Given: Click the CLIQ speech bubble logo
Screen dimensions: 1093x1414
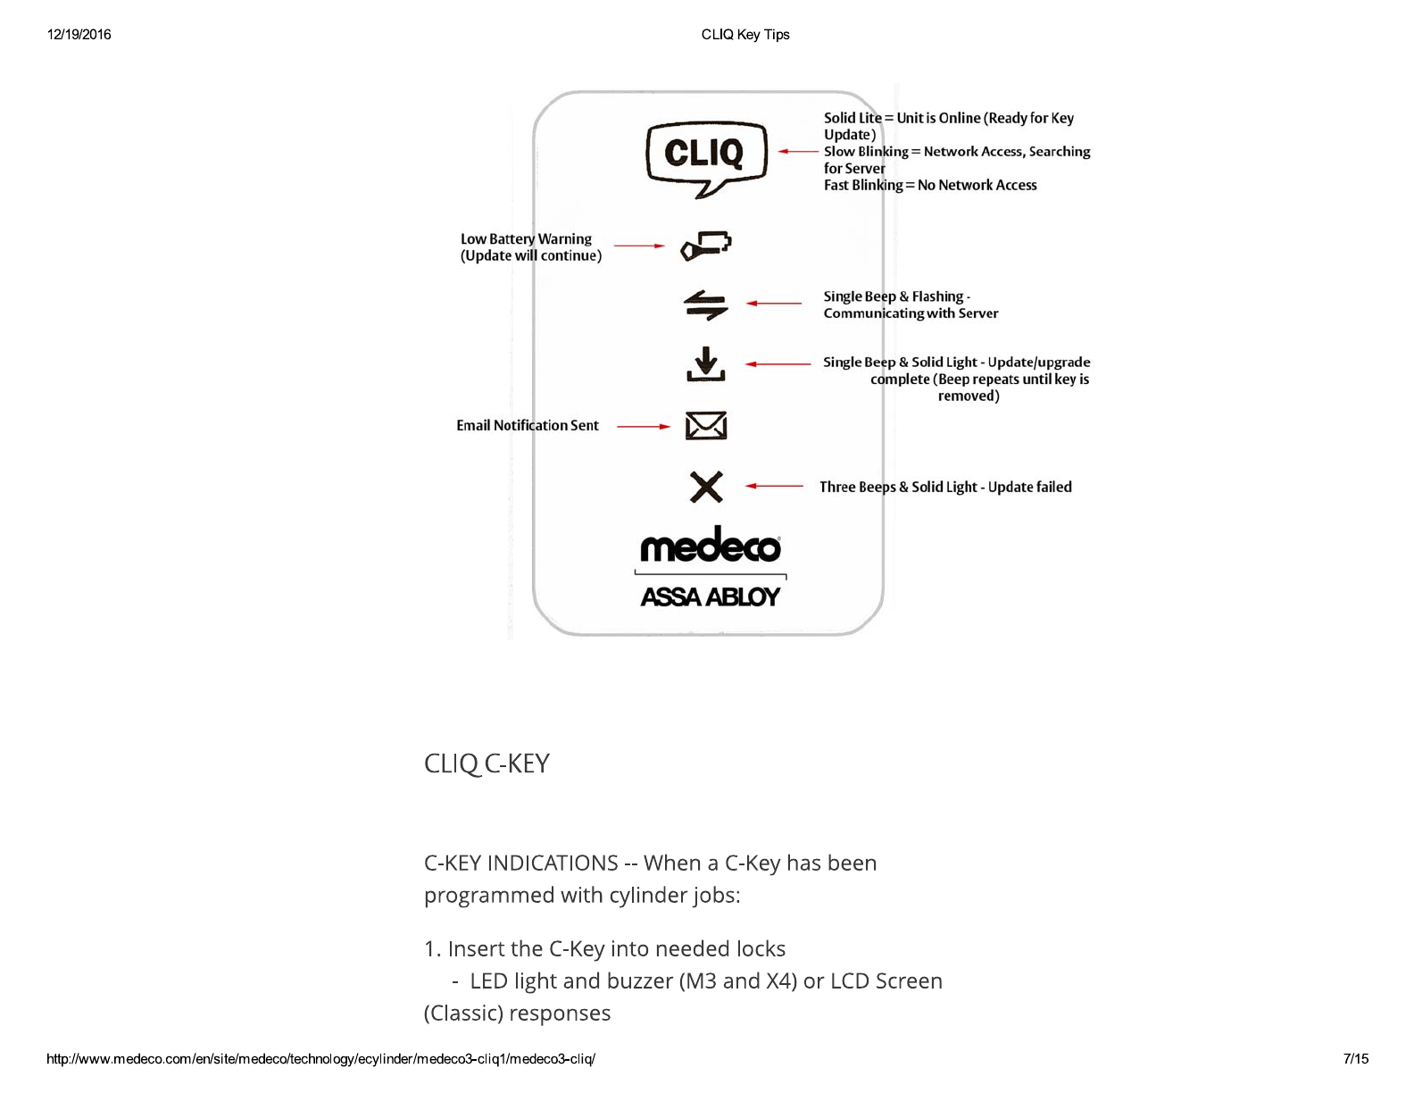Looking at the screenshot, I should (705, 157).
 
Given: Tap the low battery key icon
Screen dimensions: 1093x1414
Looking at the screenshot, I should (706, 246).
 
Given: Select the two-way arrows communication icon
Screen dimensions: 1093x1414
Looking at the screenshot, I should (706, 305).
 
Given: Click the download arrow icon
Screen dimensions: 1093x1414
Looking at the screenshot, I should (706, 364).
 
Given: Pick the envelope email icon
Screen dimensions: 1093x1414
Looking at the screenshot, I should (706, 426).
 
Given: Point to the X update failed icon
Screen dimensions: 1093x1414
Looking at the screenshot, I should (706, 487).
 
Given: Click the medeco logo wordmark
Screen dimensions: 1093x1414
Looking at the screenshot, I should (711, 546).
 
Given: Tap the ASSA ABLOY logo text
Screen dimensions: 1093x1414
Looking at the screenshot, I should (711, 597).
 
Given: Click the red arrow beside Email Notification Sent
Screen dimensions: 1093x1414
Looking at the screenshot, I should (643, 427).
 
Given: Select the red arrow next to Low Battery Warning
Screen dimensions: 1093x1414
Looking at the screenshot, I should (639, 246).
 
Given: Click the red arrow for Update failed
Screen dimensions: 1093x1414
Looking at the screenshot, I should (774, 486).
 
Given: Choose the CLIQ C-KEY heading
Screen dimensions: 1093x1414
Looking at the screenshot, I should (487, 763).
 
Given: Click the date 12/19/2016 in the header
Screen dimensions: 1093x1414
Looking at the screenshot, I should (79, 35).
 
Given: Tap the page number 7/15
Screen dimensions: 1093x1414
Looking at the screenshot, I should (1355, 1059).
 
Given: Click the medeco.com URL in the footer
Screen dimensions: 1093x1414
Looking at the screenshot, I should (320, 1059).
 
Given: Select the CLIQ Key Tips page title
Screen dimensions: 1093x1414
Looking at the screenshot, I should (745, 35).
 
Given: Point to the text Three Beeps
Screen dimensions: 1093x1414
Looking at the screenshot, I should (857, 487).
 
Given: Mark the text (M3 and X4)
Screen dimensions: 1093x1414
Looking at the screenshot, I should (737, 980).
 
